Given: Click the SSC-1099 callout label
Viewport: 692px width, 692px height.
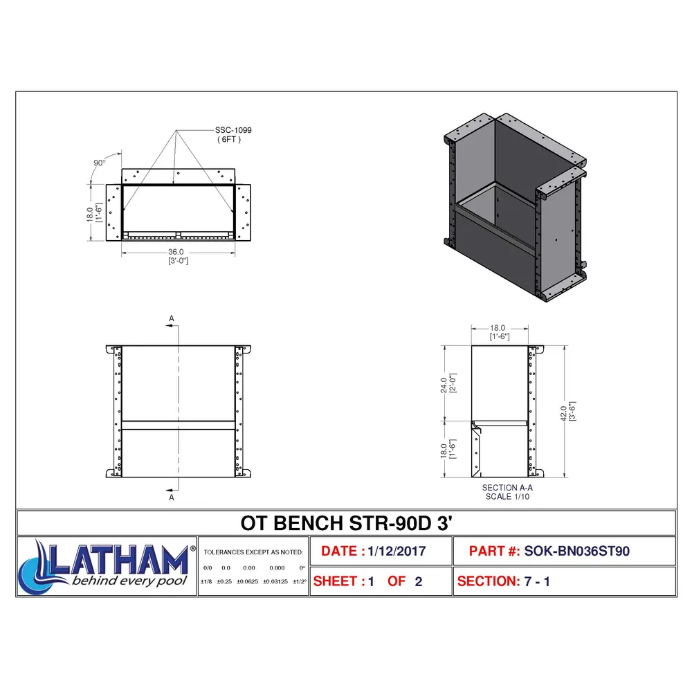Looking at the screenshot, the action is pos(233,130).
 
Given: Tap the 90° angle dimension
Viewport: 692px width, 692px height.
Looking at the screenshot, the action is pos(100,163).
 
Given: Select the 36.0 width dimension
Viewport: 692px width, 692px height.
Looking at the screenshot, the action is pos(176,252).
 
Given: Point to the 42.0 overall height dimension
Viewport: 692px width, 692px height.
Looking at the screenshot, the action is pos(563,414).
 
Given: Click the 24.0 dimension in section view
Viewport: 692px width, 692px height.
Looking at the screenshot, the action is pos(444,385).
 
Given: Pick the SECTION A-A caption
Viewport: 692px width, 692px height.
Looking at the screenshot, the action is pos(507,488).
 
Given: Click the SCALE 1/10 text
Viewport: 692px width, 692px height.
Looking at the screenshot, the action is pos(507,496).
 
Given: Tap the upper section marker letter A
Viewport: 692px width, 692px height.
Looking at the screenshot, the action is pos(172,318).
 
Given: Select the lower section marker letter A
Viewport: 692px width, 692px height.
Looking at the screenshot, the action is pos(172,498).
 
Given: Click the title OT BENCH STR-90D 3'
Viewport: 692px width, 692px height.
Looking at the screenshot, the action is pos(347,523).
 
